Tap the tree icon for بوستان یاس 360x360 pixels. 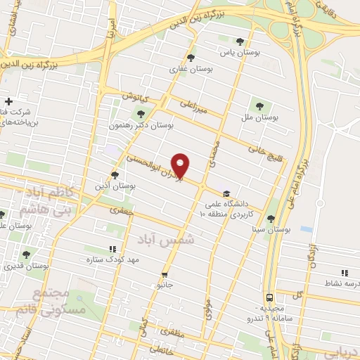241,41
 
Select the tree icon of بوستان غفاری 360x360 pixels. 191,58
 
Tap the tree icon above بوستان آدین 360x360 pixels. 115,175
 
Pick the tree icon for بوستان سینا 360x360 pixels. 271,218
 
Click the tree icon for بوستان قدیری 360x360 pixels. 27,255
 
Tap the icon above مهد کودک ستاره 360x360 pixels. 112,248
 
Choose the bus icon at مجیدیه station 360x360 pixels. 270,297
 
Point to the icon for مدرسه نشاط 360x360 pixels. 344,272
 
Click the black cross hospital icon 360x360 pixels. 8,100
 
